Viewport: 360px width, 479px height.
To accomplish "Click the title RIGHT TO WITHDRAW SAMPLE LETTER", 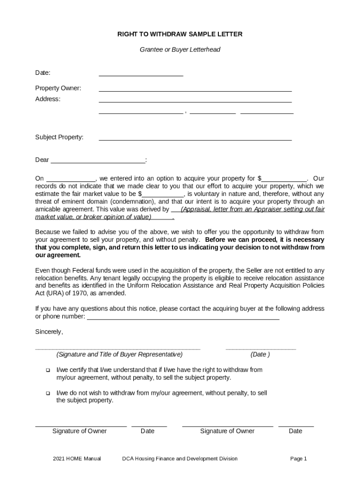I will pos(180,35).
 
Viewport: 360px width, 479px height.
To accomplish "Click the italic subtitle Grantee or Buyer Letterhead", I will pos(180,49).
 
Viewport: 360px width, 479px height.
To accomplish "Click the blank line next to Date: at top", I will pos(140,74).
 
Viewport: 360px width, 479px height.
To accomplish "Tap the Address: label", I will pos(48,99).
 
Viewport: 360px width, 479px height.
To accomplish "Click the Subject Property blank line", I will pos(195,138).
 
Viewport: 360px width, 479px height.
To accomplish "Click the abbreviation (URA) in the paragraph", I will pos(45,293).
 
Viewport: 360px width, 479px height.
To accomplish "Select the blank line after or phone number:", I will pos(183,317).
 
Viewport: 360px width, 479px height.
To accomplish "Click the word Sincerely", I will pos(49,332).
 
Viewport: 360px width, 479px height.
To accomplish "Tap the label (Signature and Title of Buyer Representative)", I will pos(119,354).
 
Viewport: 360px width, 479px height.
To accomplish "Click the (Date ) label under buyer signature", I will pos(260,354).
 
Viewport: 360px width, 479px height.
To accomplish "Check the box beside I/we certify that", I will pos(48,370).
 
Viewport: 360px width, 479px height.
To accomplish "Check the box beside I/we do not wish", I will pos(48,393).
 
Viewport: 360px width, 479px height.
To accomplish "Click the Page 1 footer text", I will pos(298,458).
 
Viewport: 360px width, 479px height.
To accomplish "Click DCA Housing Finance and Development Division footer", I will pos(180,458).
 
